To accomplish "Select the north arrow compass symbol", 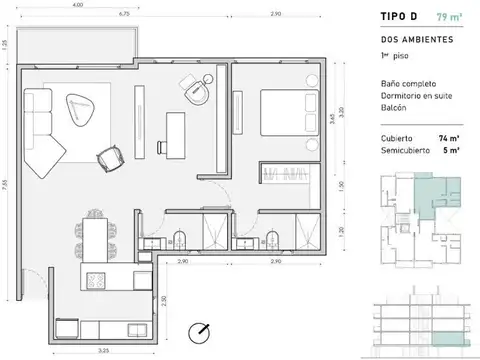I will coord(203,330).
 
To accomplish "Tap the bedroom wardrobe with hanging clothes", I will coord(285,175).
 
